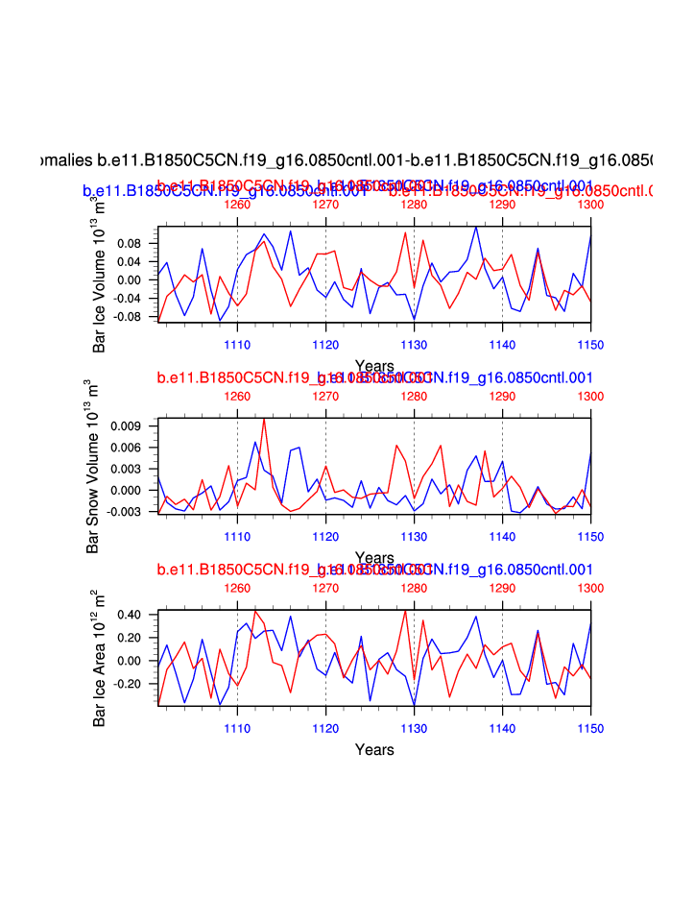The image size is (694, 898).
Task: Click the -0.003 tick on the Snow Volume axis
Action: (x=129, y=511)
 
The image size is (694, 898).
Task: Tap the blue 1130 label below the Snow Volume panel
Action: (x=414, y=535)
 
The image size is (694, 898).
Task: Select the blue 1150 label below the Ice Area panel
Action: (x=590, y=726)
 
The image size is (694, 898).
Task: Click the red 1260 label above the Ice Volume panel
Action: (x=237, y=204)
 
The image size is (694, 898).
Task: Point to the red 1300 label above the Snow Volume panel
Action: (x=590, y=396)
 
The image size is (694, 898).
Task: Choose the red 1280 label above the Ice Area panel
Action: (x=414, y=588)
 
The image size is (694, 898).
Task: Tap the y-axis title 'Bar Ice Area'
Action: (x=101, y=658)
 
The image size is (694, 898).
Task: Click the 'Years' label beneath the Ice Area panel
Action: (x=374, y=749)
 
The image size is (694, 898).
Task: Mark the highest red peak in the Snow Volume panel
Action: (x=264, y=419)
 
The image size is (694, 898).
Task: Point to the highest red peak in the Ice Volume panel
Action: (x=405, y=232)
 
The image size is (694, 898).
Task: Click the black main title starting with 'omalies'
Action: (x=347, y=158)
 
